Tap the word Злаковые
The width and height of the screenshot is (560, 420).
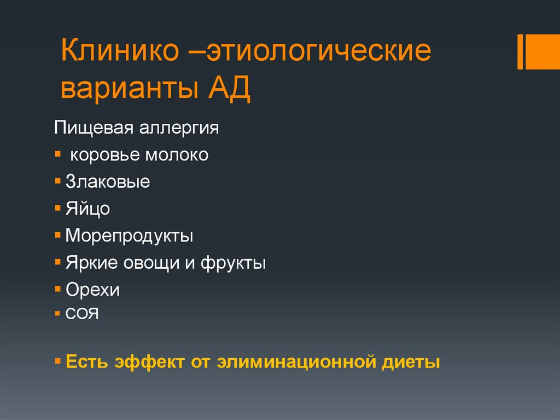[x=108, y=182]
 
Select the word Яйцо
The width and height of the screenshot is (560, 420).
[x=88, y=209]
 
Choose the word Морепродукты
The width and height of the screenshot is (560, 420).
[x=130, y=236]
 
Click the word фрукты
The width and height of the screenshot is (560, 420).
[x=233, y=263]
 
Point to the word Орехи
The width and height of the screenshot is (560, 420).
[x=92, y=290]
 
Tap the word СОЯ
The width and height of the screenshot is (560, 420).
[x=82, y=315]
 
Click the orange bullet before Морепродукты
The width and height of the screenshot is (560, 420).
[x=58, y=235]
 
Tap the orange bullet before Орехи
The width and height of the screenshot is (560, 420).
[x=58, y=289]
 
